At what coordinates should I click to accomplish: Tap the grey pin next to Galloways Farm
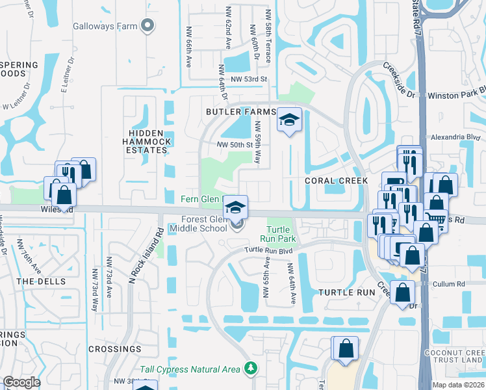pyautogui.click(x=148, y=26)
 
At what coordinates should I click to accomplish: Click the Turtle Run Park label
pyautogui.click(x=278, y=234)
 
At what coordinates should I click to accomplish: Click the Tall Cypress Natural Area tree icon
pyautogui.click(x=251, y=369)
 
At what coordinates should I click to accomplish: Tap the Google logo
pyautogui.click(x=21, y=382)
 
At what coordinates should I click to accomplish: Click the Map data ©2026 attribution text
pyautogui.click(x=459, y=385)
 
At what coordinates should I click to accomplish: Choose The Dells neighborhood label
pyautogui.click(x=41, y=281)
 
